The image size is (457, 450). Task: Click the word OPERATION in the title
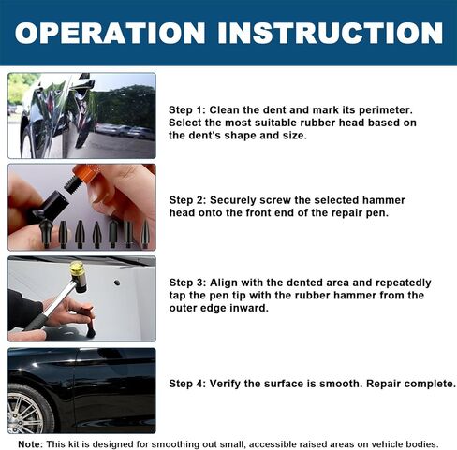pyautogui.click(x=110, y=33)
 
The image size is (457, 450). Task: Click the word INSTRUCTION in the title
pyautogui.click(x=331, y=33)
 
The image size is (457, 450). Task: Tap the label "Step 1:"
pyautogui.click(x=187, y=110)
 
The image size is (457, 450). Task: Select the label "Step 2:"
pyautogui.click(x=187, y=200)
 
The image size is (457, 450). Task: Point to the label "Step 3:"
pyautogui.click(x=187, y=283)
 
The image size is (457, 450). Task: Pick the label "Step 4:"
pyautogui.click(x=187, y=384)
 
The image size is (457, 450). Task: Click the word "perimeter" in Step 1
pyautogui.click(x=385, y=110)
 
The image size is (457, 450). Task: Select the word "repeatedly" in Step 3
pyautogui.click(x=404, y=283)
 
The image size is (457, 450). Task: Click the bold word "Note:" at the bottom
pyautogui.click(x=30, y=444)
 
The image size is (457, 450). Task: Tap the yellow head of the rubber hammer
pyautogui.click(x=77, y=269)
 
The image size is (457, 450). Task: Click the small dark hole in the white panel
pyautogui.click(x=117, y=283)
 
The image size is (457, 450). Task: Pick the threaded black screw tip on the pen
pyautogui.click(x=71, y=184)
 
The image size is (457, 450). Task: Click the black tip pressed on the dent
pyautogui.click(x=91, y=331)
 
